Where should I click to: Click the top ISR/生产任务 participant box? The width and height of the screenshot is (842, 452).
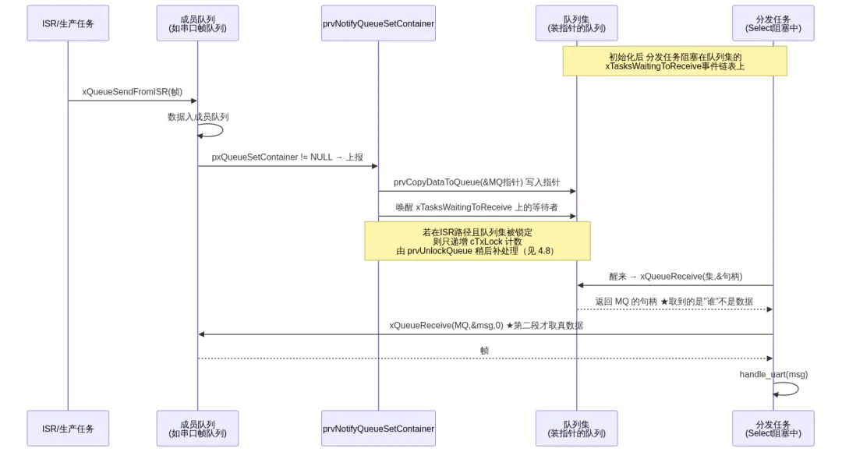pos(68,23)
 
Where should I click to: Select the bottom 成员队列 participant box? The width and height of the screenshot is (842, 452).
pos(197,429)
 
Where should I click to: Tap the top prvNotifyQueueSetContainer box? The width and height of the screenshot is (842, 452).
pos(378,23)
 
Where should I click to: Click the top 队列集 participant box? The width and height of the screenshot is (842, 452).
pos(577,23)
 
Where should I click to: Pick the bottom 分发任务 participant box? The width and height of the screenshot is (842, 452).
pos(773,429)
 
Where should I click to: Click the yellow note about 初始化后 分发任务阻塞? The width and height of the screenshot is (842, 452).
pos(675,62)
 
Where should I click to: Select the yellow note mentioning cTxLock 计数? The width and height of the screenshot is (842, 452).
pos(477,241)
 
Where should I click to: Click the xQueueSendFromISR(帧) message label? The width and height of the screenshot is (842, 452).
pos(132,92)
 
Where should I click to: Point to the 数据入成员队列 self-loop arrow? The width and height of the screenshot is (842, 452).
pos(221,130)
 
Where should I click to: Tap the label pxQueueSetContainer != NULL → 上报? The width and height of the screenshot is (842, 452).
pos(287,157)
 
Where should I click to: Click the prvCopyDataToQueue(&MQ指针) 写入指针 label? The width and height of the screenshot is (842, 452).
pos(477,182)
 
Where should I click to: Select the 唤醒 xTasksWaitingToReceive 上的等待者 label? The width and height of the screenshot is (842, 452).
pos(477,207)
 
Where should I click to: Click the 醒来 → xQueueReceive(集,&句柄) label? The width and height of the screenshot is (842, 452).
pos(675,277)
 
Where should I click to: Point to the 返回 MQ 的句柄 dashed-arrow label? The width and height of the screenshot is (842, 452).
pos(674,302)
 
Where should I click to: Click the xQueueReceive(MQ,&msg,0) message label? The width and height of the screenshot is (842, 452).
pos(486,325)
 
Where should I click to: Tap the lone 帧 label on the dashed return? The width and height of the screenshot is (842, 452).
pos(484,351)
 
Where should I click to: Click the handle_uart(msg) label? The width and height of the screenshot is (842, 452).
pos(773,374)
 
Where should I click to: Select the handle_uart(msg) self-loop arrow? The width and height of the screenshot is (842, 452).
pos(798,389)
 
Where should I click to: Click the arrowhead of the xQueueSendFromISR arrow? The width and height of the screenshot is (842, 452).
pos(194,101)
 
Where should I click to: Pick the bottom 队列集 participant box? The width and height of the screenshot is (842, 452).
pos(577,429)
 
